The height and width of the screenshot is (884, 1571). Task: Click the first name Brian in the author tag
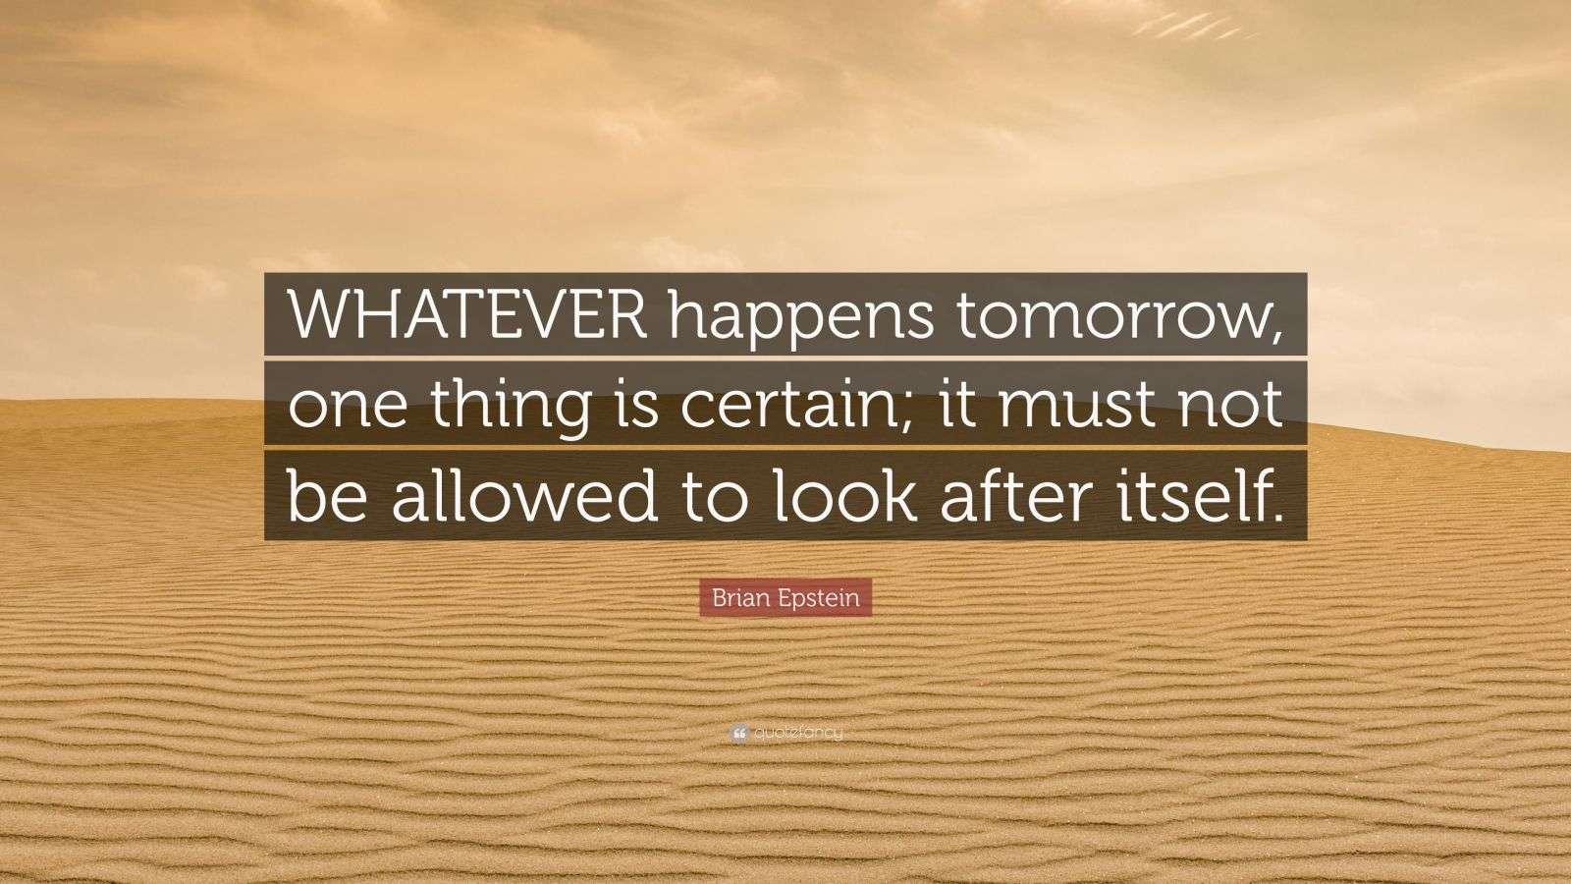pyautogui.click(x=734, y=598)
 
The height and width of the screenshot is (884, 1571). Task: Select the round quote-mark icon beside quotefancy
pyautogui.click(x=738, y=733)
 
